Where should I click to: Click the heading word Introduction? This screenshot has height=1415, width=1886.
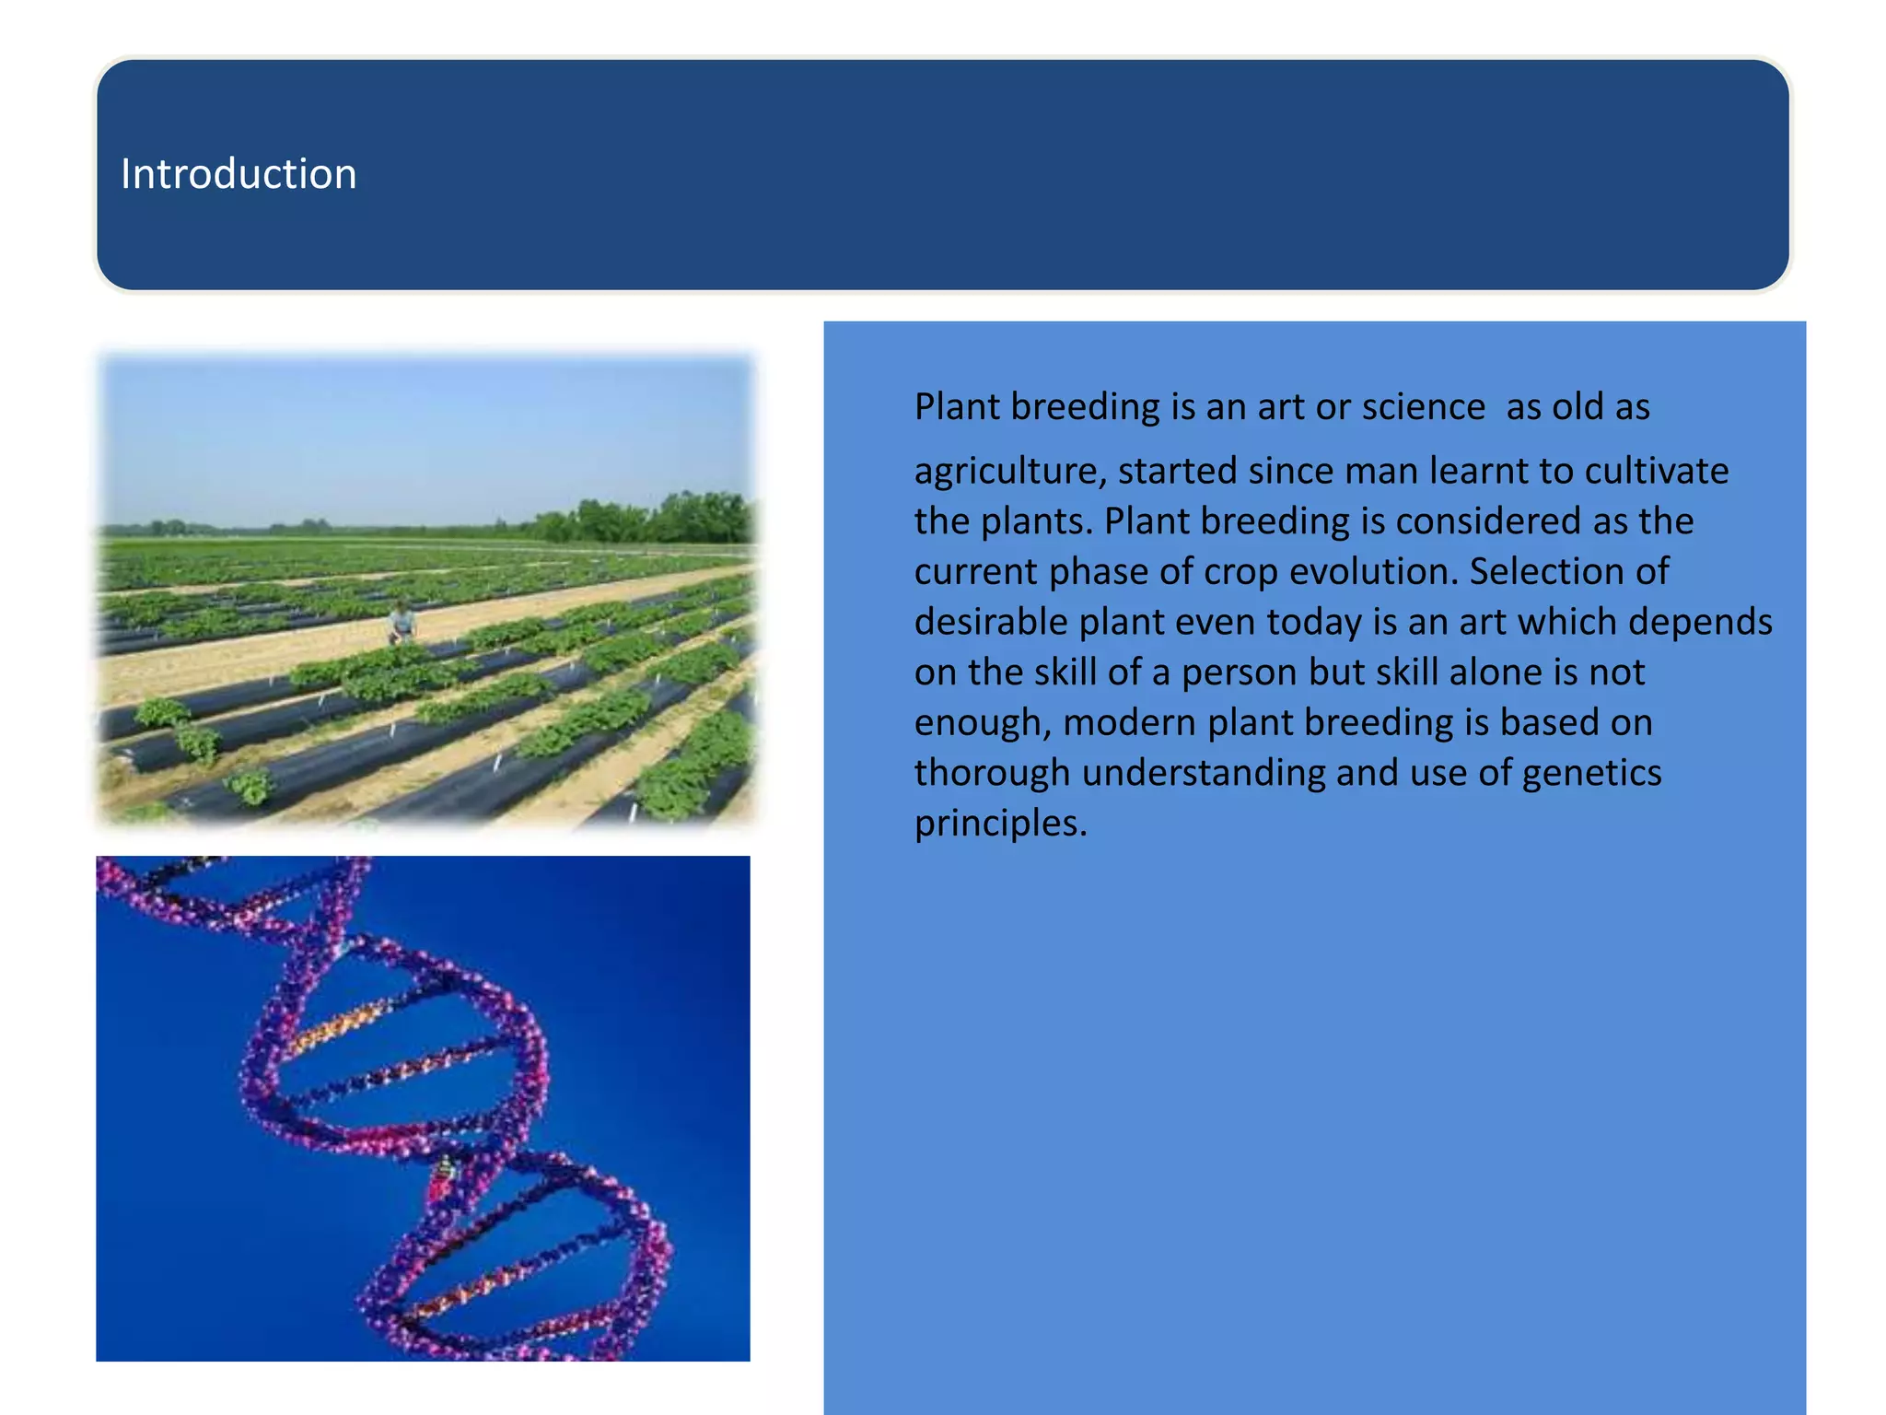239,174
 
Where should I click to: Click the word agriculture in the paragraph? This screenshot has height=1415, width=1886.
1009,472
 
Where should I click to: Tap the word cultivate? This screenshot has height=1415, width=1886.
1656,472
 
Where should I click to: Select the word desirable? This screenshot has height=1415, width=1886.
991,622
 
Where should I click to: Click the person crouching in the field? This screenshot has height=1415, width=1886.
402,622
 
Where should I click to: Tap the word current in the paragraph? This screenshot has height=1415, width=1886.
975,572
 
